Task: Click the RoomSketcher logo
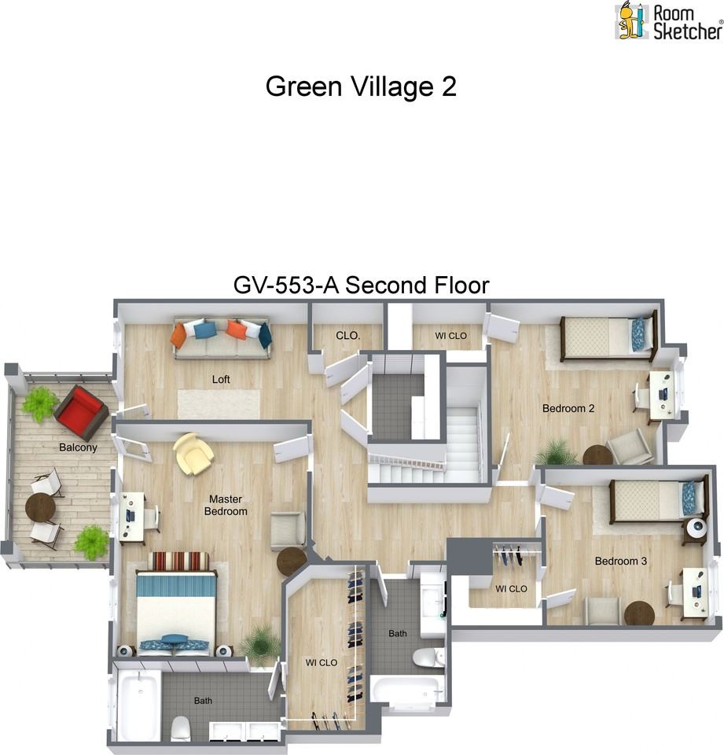[x=668, y=21]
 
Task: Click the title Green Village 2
[x=361, y=87]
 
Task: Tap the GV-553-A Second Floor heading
[x=361, y=285]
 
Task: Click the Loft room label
[x=222, y=379]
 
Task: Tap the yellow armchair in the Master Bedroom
[x=193, y=454]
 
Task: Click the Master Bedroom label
[x=226, y=505]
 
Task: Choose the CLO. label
[x=347, y=336]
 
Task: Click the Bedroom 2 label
[x=568, y=408]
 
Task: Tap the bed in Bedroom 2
[x=606, y=338]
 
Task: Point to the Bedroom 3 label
[x=620, y=562]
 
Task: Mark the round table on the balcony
[x=40, y=508]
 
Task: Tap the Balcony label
[x=78, y=447]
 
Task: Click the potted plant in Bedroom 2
[x=557, y=452]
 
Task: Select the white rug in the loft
[x=219, y=404]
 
